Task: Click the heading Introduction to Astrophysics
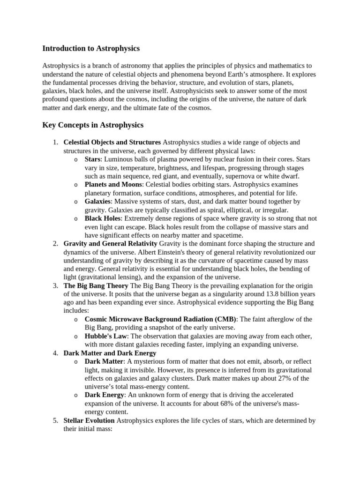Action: (x=91, y=48)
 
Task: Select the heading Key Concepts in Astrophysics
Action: (x=93, y=125)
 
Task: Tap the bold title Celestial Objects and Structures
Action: (x=112, y=142)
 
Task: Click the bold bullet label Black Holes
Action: (x=103, y=218)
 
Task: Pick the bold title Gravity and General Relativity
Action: (x=111, y=244)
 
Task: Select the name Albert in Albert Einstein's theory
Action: (x=212, y=252)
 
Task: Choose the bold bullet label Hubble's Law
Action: (x=106, y=336)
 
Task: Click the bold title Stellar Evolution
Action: (x=89, y=420)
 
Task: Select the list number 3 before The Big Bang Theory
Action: (x=55, y=285)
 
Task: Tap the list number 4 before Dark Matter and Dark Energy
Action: (x=55, y=353)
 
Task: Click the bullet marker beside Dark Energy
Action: (x=76, y=396)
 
